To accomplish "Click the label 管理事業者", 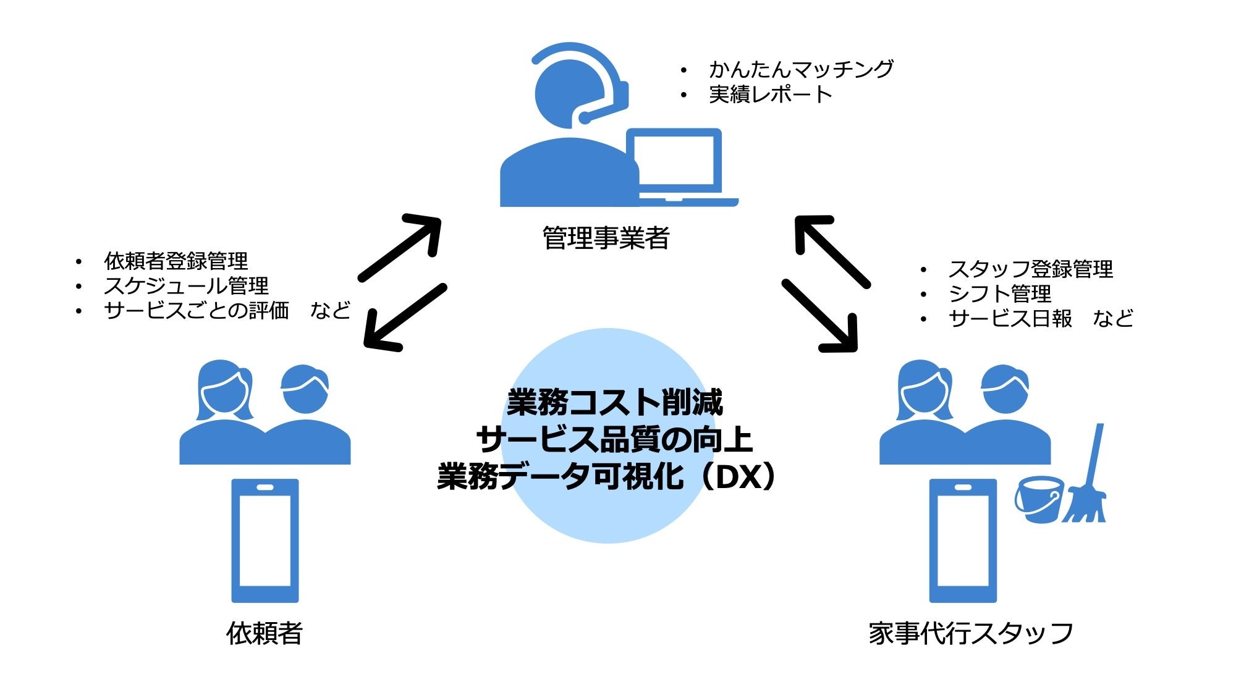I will [x=606, y=238].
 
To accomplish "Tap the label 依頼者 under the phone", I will [x=265, y=633].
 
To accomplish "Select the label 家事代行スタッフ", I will [x=970, y=634].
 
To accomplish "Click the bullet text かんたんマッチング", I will [x=801, y=69].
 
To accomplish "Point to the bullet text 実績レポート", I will [x=770, y=95].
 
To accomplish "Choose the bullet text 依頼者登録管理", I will [x=176, y=261].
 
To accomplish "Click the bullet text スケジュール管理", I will [x=186, y=285].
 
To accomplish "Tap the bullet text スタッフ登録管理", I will [x=1030, y=269].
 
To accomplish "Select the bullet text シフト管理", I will [x=999, y=293].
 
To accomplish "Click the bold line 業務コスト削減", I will [x=615, y=403].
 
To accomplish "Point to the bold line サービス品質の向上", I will [x=614, y=440].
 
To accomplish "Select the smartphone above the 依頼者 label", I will [x=265, y=541].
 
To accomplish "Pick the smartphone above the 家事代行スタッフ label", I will [x=963, y=541].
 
